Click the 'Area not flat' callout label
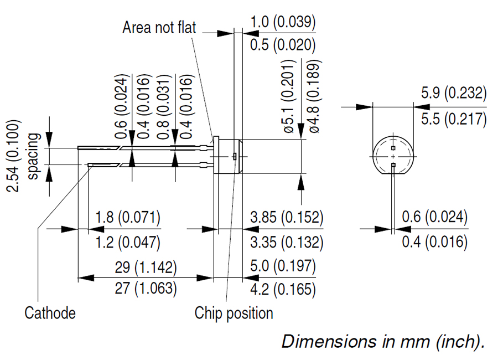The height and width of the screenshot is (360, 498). click(159, 28)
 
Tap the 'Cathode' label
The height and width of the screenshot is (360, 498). click(50, 313)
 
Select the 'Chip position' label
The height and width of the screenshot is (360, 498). click(234, 313)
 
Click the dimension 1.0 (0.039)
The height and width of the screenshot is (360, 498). click(283, 23)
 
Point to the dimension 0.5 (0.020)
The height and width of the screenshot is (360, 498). click(283, 45)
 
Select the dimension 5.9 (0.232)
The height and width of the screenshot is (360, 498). click(453, 93)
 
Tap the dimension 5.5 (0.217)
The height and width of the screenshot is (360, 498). click(453, 119)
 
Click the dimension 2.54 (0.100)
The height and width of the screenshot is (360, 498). click(14, 156)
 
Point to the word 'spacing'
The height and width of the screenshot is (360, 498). click(34, 156)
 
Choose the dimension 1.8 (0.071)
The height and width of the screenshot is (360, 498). click(127, 217)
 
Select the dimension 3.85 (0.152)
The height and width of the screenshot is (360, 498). click(287, 217)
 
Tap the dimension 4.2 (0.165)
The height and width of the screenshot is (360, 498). click(283, 289)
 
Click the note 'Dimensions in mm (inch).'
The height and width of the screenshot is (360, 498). click(383, 341)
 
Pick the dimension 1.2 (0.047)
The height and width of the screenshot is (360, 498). click(127, 242)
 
